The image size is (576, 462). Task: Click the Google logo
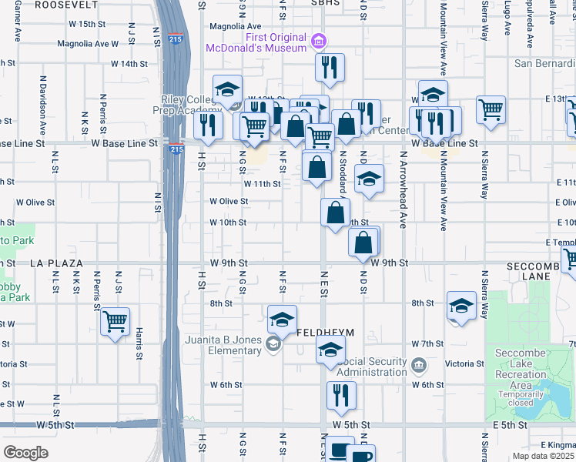(x=25, y=453)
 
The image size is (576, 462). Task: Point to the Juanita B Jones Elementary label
(x=223, y=344)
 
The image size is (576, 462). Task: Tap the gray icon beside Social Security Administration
(x=418, y=363)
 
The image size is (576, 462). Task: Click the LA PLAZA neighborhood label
(x=56, y=263)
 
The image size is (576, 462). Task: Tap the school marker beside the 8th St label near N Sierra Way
(x=461, y=306)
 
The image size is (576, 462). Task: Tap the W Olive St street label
(x=229, y=201)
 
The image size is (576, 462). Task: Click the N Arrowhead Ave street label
(x=402, y=189)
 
